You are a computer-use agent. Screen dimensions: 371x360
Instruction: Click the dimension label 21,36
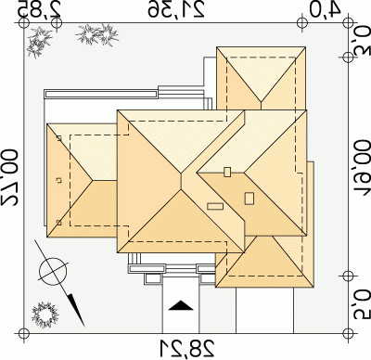coord(176,9)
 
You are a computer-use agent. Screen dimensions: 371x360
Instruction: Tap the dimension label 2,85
coord(39,9)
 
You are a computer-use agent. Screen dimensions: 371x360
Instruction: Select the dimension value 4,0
coord(325,9)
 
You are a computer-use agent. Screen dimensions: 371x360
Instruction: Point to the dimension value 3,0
coord(362,41)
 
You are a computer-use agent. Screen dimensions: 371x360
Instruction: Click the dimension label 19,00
coord(362,167)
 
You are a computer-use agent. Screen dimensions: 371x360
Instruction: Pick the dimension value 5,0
coord(362,304)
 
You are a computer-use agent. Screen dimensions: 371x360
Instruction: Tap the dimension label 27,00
coord(9,177)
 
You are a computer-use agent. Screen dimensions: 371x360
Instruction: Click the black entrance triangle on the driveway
coord(181,305)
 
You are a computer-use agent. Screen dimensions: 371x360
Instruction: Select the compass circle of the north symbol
coord(53,272)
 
